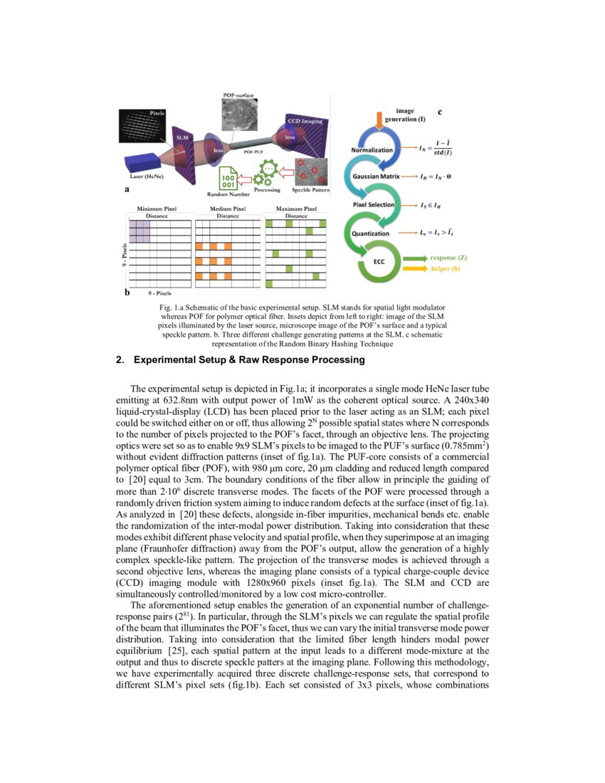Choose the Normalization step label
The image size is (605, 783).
coord(372,150)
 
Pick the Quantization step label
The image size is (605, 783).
coord(371,233)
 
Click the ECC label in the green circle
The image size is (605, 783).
coord(379,261)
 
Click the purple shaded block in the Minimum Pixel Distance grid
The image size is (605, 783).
coord(139,231)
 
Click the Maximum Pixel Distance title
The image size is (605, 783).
coord(295,211)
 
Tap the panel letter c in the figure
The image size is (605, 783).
coord(439,112)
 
